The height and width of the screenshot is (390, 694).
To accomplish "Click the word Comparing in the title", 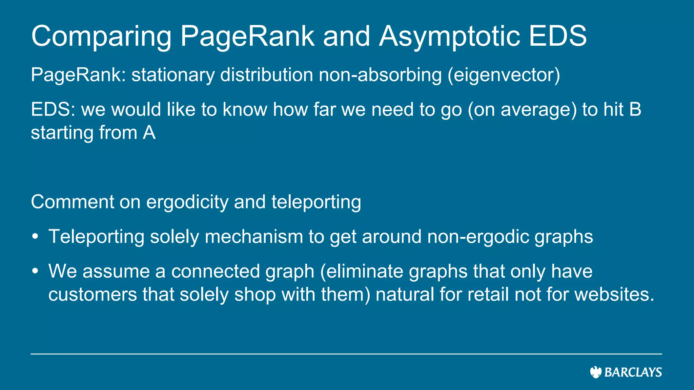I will point(101,37).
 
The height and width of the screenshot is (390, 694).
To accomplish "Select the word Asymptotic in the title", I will point(449,37).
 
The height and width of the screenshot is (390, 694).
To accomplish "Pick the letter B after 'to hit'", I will point(635,109).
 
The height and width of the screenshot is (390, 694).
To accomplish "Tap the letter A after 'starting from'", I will point(149,132).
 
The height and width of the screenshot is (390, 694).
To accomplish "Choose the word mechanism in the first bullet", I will point(254,236).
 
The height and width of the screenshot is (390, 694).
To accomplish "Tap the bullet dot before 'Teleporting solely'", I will point(35,236).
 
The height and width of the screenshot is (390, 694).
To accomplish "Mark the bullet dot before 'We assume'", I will point(35,271).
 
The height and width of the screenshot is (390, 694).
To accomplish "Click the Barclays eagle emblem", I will point(596,372).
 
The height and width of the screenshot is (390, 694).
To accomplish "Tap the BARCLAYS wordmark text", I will point(633,372).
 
